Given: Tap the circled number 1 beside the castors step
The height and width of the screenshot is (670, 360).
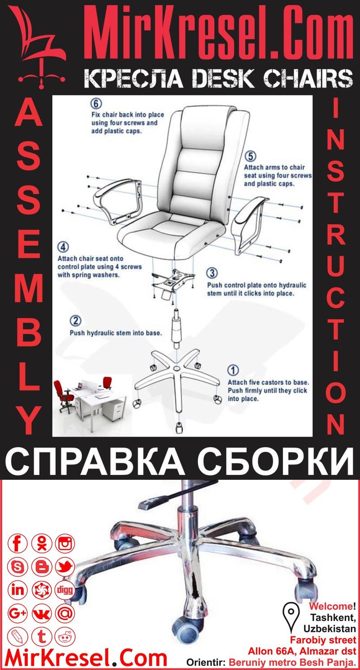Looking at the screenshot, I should click(x=233, y=371).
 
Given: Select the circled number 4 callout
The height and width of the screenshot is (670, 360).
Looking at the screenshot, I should click(x=63, y=248).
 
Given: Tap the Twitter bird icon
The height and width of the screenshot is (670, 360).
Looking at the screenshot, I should click(x=65, y=567).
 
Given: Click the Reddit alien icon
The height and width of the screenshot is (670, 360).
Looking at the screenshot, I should click(x=65, y=636).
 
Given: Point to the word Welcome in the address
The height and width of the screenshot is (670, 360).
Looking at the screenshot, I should click(x=331, y=607).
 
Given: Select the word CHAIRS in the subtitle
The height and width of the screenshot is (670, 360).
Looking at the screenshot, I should click(x=307, y=79).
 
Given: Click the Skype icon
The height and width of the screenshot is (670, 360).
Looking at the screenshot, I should click(x=18, y=567).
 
